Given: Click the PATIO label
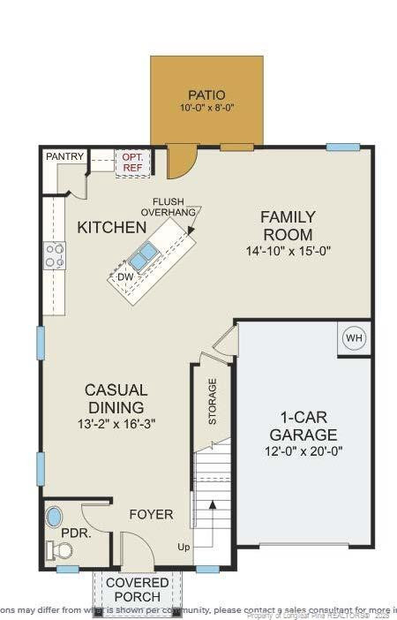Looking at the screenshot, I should tap(206, 95).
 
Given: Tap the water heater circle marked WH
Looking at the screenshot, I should tap(354, 339).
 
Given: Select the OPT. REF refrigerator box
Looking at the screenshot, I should tap(132, 161).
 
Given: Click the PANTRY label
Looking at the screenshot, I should tap(65, 156).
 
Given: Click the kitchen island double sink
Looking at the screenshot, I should tap(143, 256).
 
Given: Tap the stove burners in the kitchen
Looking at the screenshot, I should tap(55, 256).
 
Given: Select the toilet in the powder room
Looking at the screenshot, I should tap(60, 550).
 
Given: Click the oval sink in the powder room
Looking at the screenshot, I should tap(55, 517).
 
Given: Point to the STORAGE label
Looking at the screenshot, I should tap(213, 403).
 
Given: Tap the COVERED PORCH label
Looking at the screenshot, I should tap(133, 590).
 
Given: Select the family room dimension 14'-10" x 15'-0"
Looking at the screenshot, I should tap(287, 251).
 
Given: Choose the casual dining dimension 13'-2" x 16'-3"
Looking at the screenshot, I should tap(116, 424).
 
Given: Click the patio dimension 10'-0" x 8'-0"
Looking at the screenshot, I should tap(206, 109).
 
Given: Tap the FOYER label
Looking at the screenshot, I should tap(151, 514).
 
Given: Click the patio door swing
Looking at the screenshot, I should tap(182, 161).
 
